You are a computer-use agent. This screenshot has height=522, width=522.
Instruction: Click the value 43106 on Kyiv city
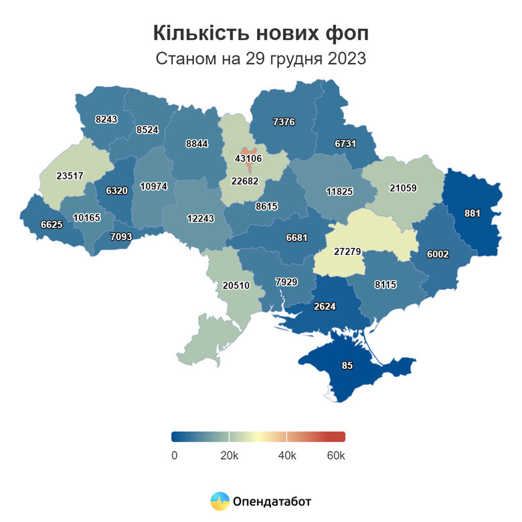248,159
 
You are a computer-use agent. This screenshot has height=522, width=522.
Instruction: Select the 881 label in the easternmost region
472,213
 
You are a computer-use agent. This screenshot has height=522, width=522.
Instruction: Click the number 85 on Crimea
347,366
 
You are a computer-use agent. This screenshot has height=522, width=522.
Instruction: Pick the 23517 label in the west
70,176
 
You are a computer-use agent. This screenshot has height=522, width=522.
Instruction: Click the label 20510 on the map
236,285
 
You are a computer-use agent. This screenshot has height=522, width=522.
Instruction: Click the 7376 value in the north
284,121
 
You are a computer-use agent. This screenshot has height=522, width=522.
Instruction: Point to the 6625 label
51,225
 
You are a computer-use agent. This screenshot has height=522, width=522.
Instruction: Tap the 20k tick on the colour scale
230,456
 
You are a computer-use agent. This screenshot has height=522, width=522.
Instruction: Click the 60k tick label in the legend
335,456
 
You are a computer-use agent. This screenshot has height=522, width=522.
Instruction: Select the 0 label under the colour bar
174,456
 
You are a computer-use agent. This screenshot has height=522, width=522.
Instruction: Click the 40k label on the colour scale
286,456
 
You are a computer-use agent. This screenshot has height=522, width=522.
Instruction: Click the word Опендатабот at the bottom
272,501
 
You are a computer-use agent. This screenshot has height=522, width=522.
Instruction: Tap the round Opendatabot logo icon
220,501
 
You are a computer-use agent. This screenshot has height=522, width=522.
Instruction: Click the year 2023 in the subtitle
347,58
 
